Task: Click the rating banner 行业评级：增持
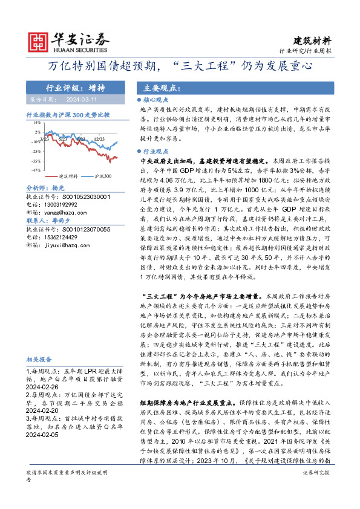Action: pos(71,87)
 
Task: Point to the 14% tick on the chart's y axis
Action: pos(37,122)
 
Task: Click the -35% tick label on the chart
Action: pos(36,161)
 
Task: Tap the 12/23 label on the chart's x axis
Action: pos(99,138)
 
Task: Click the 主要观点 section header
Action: pos(156,87)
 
